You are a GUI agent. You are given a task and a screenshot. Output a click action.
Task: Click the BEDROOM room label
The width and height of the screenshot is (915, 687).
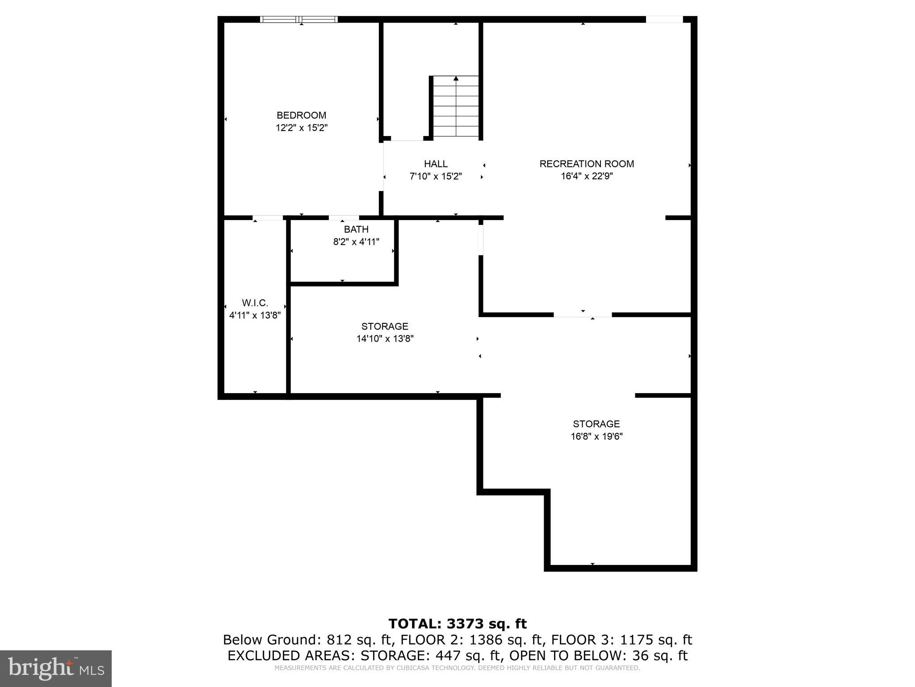[301, 115]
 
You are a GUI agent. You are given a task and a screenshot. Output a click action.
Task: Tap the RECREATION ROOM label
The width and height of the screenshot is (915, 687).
[587, 164]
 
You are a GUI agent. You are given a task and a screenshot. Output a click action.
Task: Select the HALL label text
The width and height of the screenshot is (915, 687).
[436, 164]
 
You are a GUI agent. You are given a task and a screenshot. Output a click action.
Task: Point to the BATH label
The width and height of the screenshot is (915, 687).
[356, 229]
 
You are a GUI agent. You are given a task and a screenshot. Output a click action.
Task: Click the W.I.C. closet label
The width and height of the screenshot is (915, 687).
[255, 303]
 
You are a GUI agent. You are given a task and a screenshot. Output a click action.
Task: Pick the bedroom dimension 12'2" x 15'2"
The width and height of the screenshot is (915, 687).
[301, 128]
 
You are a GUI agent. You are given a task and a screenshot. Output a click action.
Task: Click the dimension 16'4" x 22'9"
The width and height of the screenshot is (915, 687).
[587, 176]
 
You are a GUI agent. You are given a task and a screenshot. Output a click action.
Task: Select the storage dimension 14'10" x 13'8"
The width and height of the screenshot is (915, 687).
[385, 339]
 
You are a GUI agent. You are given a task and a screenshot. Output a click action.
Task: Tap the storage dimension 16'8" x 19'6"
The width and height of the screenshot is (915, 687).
[596, 437]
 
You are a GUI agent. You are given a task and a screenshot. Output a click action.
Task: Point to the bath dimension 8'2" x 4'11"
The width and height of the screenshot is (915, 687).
[356, 242]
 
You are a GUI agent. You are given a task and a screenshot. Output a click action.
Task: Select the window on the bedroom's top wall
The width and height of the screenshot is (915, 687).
[299, 19]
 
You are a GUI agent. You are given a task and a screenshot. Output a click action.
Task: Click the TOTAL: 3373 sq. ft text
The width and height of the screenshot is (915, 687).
[457, 623]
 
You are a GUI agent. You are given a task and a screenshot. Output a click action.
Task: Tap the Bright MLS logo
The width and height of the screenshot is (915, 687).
[56, 668]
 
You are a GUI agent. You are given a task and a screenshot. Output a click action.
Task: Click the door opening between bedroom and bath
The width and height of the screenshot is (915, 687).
[344, 218]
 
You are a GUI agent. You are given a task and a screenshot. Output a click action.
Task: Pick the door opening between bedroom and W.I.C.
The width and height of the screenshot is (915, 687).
[268, 218]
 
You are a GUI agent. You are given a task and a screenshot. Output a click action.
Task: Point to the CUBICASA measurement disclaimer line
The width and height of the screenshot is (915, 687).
[457, 668]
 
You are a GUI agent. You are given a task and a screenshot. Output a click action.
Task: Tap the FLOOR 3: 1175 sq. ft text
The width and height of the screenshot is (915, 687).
[621, 640]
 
